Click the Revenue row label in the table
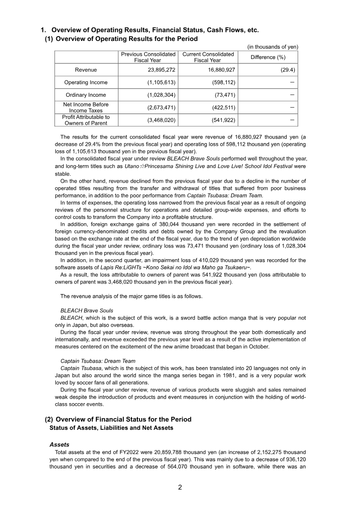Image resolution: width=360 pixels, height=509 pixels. pyautogui.click(x=85, y=70)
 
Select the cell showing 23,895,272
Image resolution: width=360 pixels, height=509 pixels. pyautogui.click(x=157, y=70)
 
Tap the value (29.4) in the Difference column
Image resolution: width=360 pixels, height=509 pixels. pyautogui.click(x=286, y=70)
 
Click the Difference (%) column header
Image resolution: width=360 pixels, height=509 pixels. pyautogui.click(x=268, y=57)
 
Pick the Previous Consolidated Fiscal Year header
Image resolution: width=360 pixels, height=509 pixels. pyautogui.click(x=148, y=57)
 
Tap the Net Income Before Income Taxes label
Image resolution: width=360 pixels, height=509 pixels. pyautogui.click(x=85, y=107)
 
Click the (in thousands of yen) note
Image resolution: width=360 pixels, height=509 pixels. pyautogui.click(x=273, y=47)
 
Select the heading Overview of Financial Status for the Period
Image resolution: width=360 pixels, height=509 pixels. pyautogui.click(x=123, y=419)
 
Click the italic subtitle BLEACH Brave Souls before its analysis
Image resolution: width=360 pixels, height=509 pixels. pyautogui.click(x=87, y=311)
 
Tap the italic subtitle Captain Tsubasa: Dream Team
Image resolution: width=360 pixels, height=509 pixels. pyautogui.click(x=97, y=361)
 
